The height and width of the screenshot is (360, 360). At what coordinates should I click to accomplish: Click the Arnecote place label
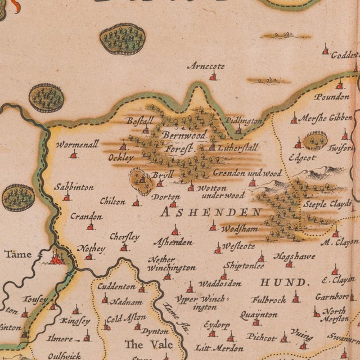click(206, 66)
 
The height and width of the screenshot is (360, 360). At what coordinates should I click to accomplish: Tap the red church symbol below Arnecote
click(213, 76)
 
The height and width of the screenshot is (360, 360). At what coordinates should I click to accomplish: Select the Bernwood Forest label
click(184, 142)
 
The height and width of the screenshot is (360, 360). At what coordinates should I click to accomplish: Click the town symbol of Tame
click(57, 259)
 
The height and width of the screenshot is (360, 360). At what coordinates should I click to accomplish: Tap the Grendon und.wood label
click(247, 173)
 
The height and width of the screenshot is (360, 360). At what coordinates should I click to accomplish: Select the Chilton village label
click(112, 201)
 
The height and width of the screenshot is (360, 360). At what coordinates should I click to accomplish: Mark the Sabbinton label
click(74, 187)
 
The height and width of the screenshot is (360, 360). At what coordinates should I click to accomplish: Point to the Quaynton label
click(258, 314)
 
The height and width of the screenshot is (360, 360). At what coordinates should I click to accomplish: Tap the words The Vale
click(142, 344)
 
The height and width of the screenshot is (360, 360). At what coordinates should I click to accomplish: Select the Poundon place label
click(332, 97)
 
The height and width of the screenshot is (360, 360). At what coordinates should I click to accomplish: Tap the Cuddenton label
click(116, 286)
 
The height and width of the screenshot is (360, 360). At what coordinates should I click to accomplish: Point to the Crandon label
click(86, 217)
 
